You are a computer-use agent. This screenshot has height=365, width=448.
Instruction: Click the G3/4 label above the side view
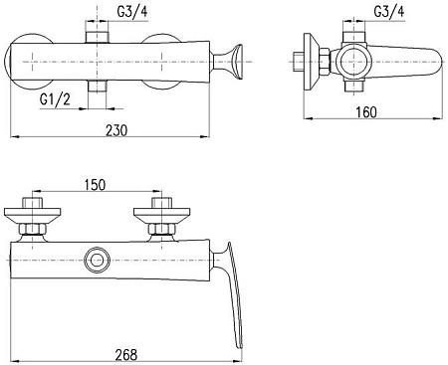(x=388, y=13)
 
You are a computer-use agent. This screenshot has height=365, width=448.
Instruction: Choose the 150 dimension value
(x=96, y=184)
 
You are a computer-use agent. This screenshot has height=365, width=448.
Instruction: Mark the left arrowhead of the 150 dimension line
(x=38, y=193)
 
